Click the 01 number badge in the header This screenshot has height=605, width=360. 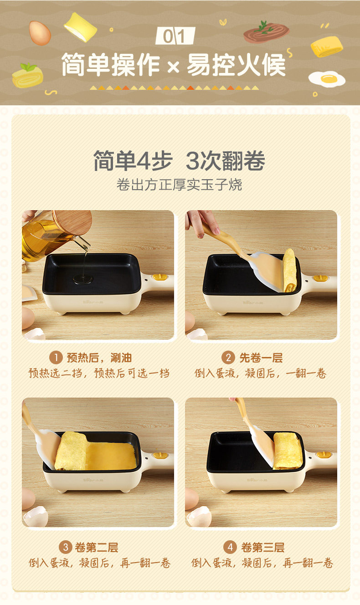click(x=175, y=36)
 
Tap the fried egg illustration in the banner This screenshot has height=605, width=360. click(x=327, y=79)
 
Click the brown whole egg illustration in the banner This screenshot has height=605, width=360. click(x=40, y=33)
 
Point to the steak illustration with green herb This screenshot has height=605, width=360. click(x=266, y=32)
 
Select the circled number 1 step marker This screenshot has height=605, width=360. click(x=56, y=357)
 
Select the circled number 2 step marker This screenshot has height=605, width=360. click(x=228, y=357)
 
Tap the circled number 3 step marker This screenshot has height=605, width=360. click(x=66, y=547)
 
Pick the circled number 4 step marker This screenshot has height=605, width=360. click(x=230, y=547)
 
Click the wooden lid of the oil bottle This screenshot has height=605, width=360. click(x=72, y=222)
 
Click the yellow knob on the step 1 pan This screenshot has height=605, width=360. click(x=160, y=277)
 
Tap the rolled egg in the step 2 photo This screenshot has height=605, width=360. click(x=289, y=270)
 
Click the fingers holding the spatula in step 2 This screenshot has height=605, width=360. click(x=203, y=222)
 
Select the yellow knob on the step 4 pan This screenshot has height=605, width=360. click(x=323, y=455)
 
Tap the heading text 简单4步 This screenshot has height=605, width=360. click(x=133, y=161)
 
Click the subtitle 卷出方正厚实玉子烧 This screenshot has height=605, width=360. click(x=179, y=185)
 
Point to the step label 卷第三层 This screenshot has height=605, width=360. click(x=262, y=548)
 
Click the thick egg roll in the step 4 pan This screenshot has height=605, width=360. click(x=287, y=450)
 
